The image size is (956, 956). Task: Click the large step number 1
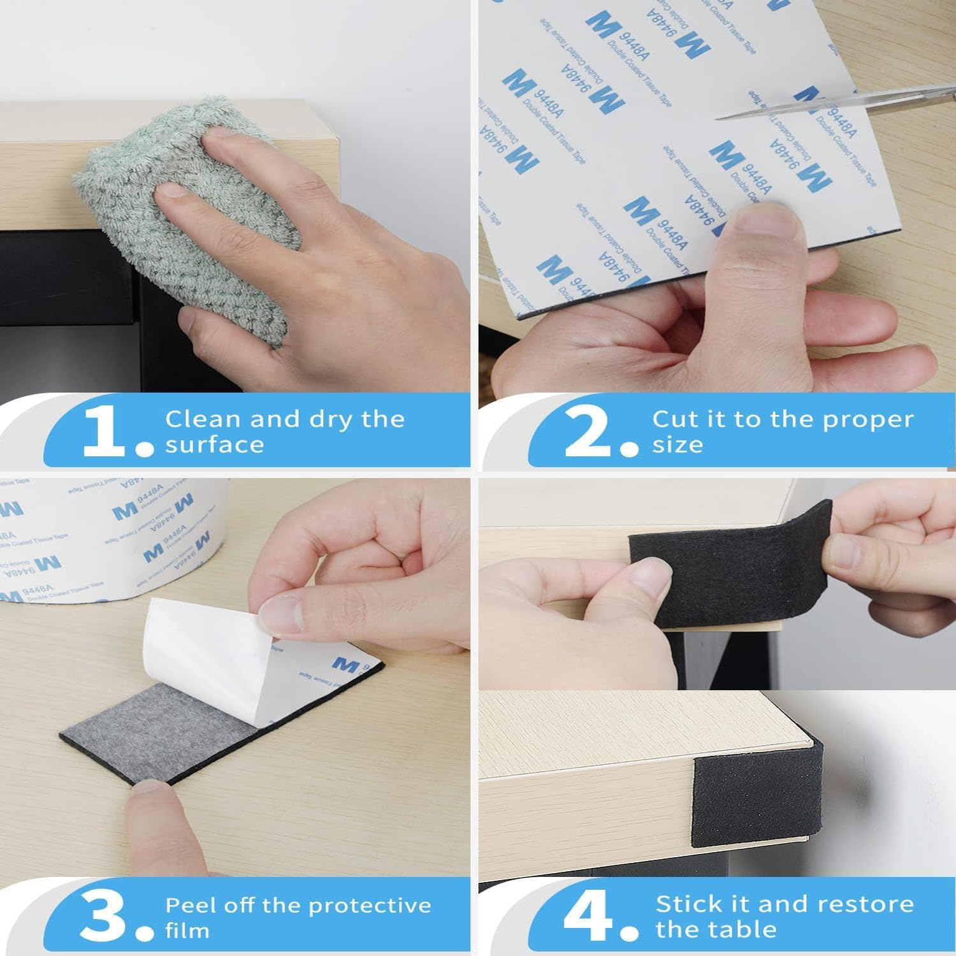coord(103,432)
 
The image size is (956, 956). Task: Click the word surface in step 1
coord(214,445)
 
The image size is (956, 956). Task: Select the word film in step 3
coord(187,931)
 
